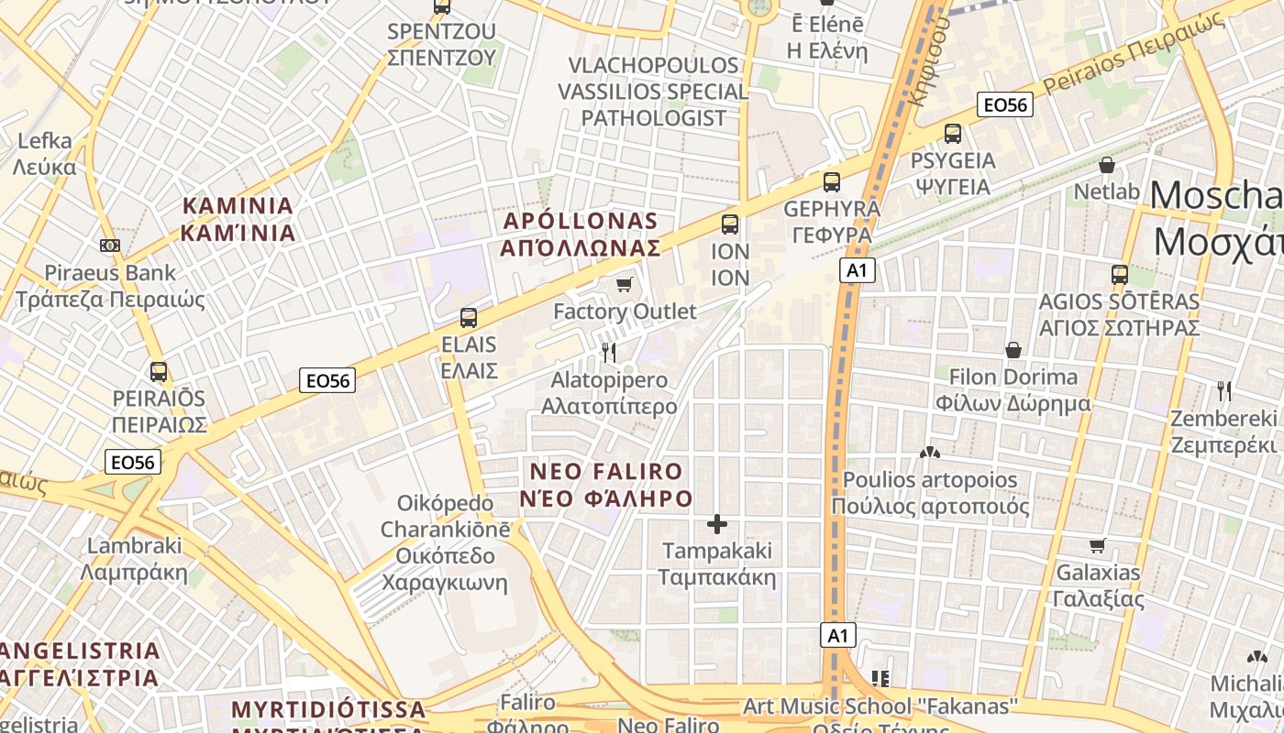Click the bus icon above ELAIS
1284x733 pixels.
click(x=469, y=318)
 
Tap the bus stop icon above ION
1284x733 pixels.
click(x=730, y=224)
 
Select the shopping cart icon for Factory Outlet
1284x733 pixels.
click(x=625, y=284)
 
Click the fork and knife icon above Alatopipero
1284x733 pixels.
click(x=608, y=352)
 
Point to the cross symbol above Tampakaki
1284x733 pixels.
click(x=717, y=524)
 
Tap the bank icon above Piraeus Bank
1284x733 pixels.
click(x=110, y=246)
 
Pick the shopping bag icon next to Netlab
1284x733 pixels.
click(x=1107, y=166)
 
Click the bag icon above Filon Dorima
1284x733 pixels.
click(x=1013, y=350)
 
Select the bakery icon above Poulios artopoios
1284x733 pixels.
click(x=930, y=453)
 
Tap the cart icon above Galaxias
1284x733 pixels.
click(x=1098, y=546)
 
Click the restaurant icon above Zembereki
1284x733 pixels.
click(x=1224, y=391)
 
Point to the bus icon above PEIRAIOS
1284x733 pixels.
click(x=159, y=372)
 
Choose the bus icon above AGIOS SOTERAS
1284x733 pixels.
click(x=1119, y=274)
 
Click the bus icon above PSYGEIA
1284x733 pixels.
click(x=953, y=134)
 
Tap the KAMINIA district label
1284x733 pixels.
click(x=238, y=219)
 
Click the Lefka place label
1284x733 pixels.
click(x=45, y=154)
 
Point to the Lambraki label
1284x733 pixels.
click(x=134, y=559)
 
